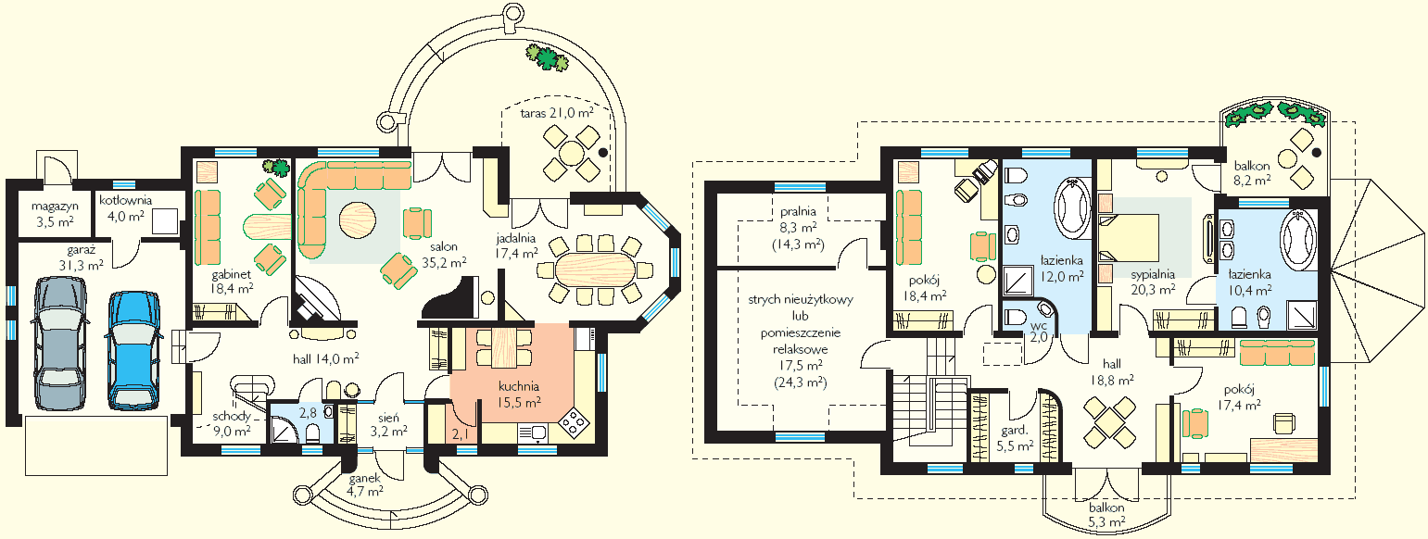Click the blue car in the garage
click(133, 350)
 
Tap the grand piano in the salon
click(451, 299)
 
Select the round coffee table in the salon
click(357, 221)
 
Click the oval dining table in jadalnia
click(596, 270)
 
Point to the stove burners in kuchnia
click(573, 421)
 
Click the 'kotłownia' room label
click(126, 200)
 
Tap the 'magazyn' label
click(55, 207)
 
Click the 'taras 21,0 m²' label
click(557, 113)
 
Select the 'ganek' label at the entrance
click(365, 479)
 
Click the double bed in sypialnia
click(1129, 238)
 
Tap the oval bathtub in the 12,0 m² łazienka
click(1074, 207)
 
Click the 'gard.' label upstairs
click(1014, 430)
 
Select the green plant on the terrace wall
click(547, 57)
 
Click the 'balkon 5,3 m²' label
click(1106, 516)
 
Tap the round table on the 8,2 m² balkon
click(1288, 158)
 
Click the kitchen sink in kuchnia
click(532, 433)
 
